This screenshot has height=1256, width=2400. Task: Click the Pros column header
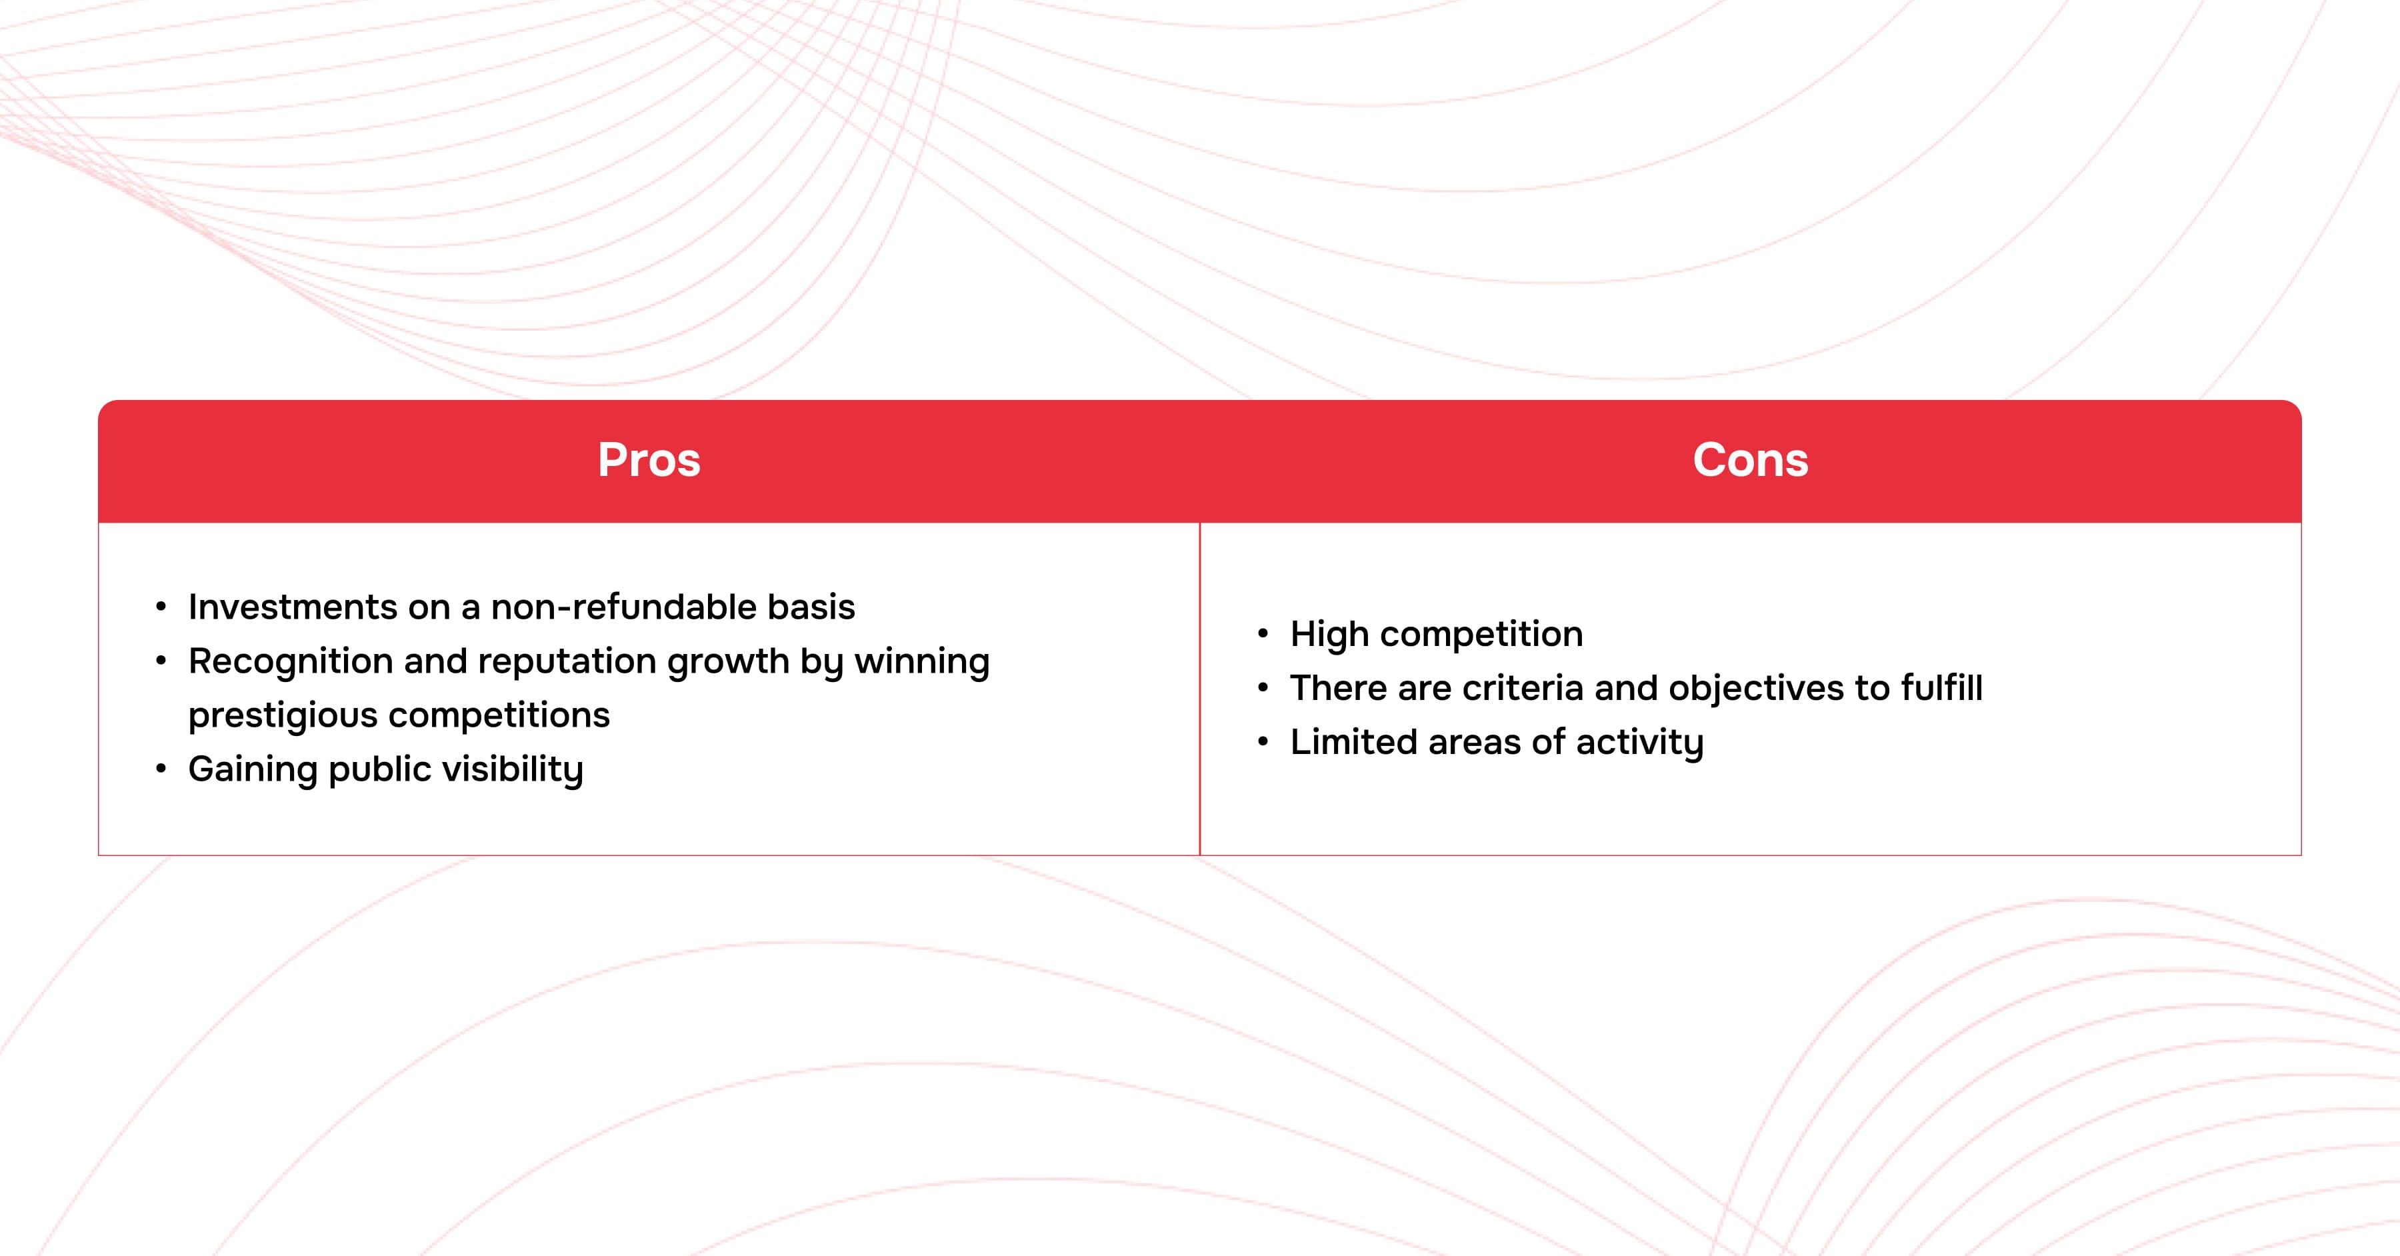[x=649, y=460]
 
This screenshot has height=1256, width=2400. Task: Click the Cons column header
[x=1751, y=460]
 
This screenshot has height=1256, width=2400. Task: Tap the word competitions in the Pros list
[x=499, y=715]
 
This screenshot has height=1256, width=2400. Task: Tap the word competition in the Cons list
[x=1481, y=635]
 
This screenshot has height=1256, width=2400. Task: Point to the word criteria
[x=1523, y=689]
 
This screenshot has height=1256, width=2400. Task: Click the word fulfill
[x=1941, y=689]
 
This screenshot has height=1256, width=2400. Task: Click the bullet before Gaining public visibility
[x=161, y=769]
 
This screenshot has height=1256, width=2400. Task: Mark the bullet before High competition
[x=1263, y=635]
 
